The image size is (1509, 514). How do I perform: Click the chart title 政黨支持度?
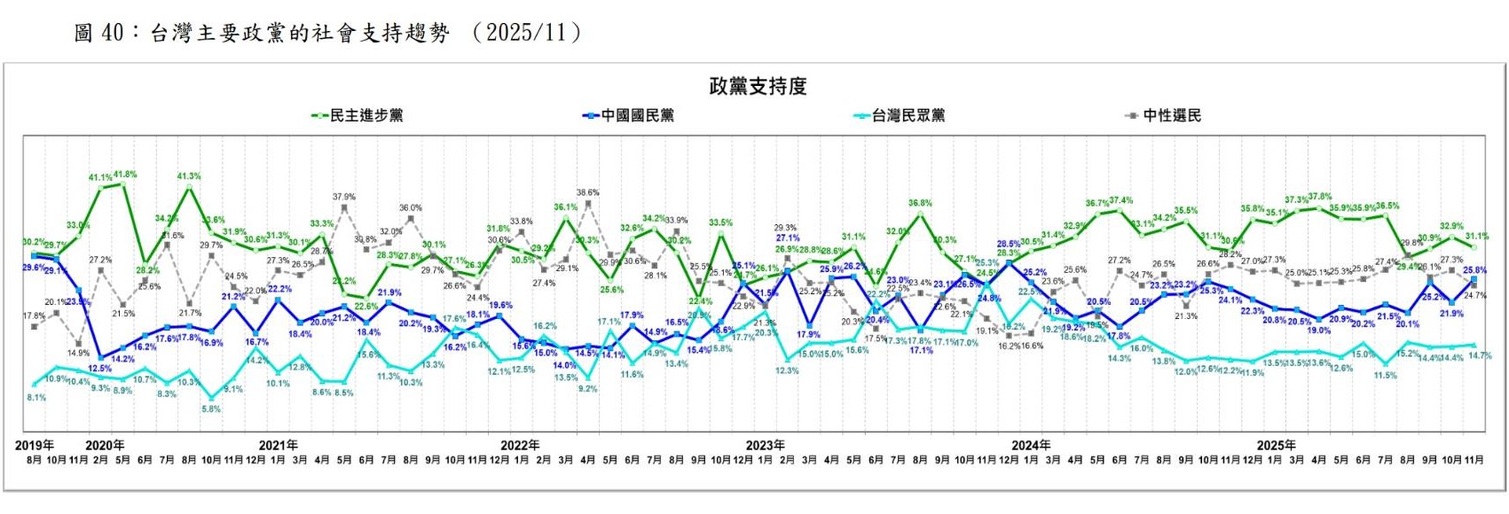758,86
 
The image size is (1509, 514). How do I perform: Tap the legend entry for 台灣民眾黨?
908,115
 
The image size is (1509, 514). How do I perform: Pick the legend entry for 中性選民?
1171,115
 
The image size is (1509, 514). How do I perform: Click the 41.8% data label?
125,175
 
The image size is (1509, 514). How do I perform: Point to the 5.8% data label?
211,409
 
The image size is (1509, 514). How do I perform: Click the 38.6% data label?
587,192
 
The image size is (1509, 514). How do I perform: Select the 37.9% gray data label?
344,197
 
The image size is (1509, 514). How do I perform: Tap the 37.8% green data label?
1320,197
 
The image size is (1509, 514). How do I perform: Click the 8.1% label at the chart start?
36,398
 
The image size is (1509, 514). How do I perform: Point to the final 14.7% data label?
1480,355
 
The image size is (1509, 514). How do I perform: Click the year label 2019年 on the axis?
35,445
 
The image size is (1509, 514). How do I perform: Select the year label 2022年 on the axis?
520,445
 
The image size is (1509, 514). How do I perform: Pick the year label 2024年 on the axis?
1030,445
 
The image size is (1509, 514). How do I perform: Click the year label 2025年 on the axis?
1276,445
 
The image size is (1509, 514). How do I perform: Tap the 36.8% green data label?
920,204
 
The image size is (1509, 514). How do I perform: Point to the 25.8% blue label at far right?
1474,270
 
